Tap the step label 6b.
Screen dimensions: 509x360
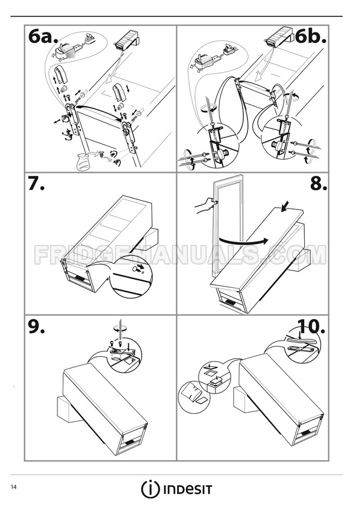tap(311, 38)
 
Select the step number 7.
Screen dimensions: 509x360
tap(36, 185)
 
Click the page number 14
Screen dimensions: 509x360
tap(12, 485)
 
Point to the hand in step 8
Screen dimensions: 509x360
tap(205, 204)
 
